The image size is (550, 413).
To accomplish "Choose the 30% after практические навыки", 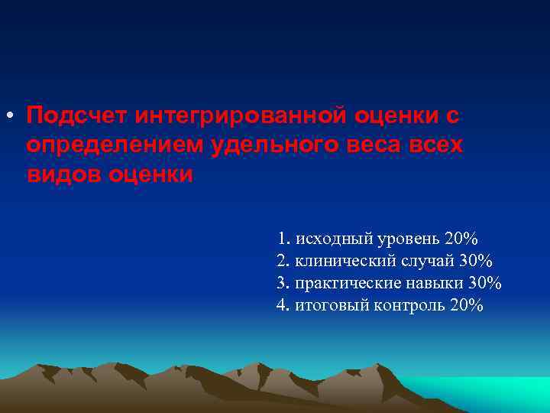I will tap(485, 283).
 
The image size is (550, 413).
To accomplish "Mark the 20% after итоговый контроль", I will tap(467, 306).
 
